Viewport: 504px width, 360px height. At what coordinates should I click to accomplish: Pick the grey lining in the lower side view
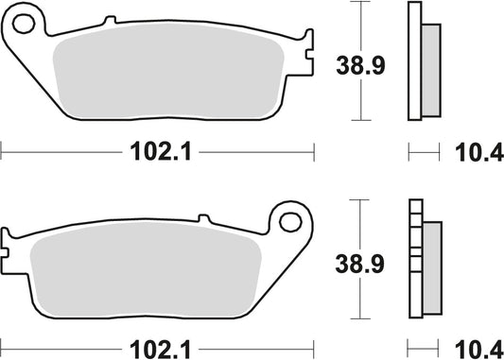tap(431, 266)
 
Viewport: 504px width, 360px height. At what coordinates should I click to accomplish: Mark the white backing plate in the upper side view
tap(413, 62)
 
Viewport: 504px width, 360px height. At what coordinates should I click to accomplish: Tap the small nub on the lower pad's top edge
tap(204, 218)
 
